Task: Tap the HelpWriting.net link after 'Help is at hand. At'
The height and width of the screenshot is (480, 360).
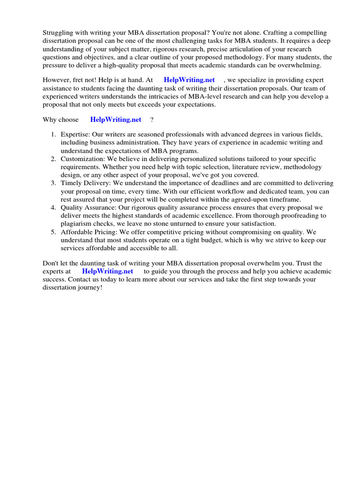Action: pos(189,80)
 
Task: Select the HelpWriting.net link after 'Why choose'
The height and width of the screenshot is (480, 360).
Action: pos(116,120)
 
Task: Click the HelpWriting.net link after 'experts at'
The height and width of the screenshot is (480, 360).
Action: pos(107,271)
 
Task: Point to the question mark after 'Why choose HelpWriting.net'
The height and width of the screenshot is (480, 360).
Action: pos(152,120)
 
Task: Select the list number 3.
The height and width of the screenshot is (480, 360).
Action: pos(53,183)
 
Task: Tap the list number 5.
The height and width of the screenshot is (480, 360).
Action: pos(53,232)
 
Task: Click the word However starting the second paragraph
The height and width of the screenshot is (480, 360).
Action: pos(57,80)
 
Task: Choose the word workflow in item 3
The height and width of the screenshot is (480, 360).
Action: pos(213,191)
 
